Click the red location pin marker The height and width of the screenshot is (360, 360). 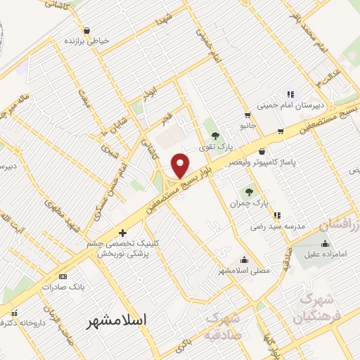(181, 165)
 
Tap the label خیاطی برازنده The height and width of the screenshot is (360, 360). (87, 41)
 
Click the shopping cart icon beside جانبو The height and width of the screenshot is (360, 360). (247, 115)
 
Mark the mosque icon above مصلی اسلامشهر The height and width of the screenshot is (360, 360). (244, 259)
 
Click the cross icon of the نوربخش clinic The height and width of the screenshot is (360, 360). (122, 233)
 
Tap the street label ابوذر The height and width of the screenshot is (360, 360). (150, 94)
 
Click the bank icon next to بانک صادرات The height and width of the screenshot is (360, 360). (63, 276)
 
